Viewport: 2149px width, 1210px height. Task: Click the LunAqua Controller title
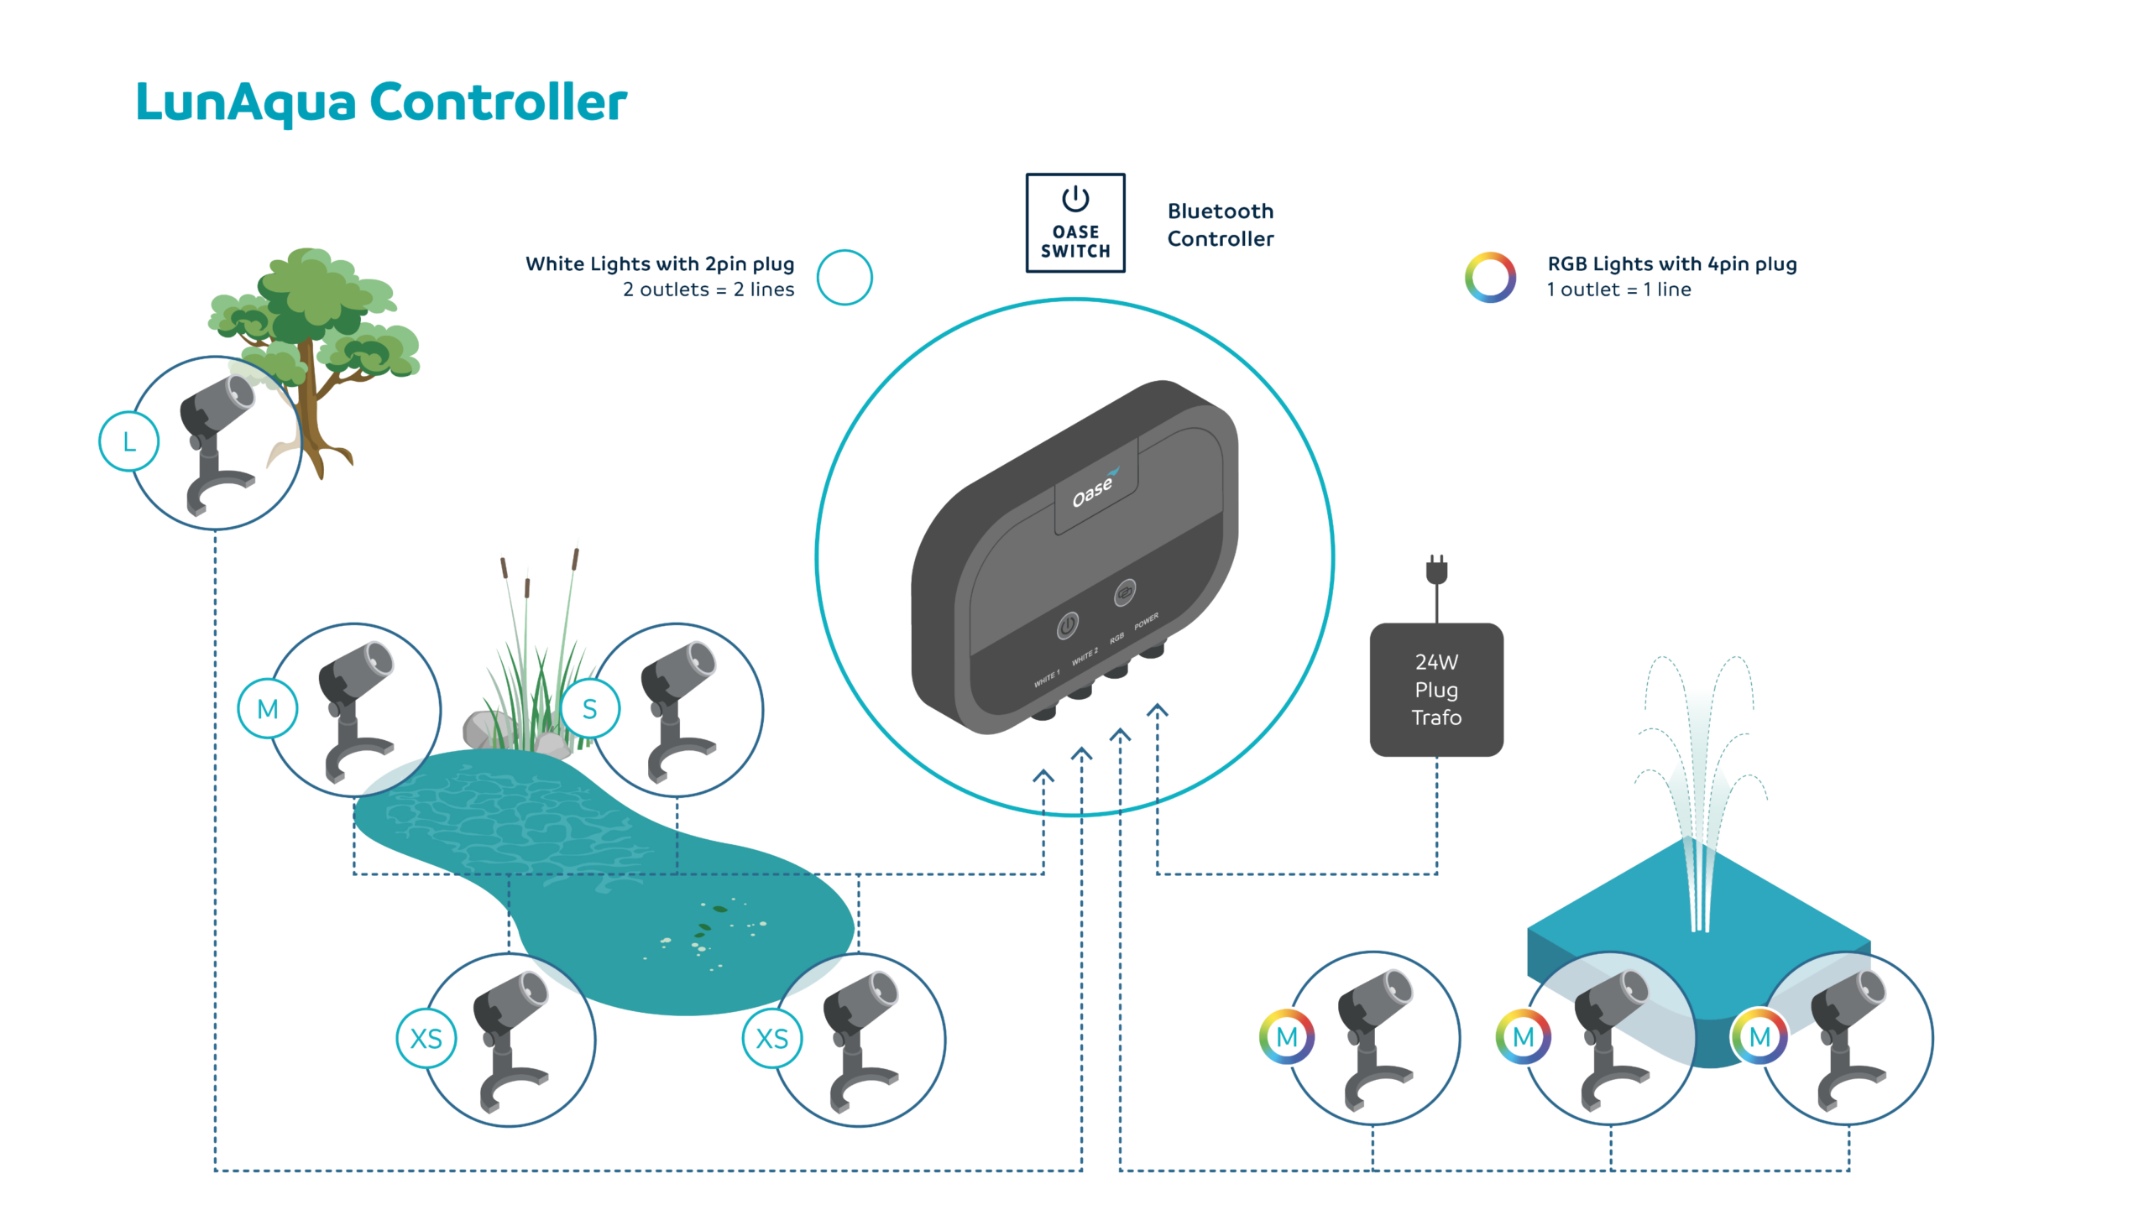point(381,102)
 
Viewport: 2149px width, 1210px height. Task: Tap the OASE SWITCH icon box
point(1074,223)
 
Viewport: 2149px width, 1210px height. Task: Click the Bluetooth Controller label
point(1220,225)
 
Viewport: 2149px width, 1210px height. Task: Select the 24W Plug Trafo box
point(1435,690)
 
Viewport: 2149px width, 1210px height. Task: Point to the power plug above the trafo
point(1436,571)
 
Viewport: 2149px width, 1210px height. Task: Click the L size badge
point(128,441)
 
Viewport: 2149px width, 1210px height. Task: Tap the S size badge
point(589,709)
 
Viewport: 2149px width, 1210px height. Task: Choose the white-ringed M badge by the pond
point(267,709)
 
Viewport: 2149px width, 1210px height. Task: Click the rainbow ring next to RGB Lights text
point(1490,277)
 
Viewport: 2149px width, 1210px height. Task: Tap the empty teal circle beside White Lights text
point(844,277)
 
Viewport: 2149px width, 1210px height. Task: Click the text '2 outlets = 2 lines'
point(708,289)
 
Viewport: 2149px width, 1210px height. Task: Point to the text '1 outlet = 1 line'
point(1618,289)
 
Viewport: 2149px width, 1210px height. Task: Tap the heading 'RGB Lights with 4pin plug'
point(1671,263)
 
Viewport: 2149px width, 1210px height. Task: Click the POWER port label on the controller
point(1146,621)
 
